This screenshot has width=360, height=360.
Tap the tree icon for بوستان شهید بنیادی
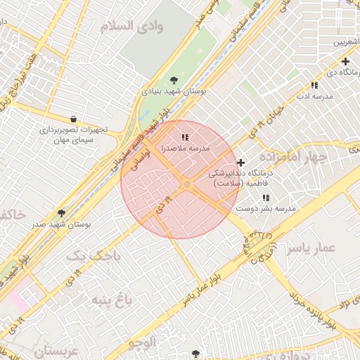[174, 79]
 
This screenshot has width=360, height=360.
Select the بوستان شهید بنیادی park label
[174, 91]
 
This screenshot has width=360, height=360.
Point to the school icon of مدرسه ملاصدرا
[185, 137]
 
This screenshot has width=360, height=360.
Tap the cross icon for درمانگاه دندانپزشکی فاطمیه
[240, 162]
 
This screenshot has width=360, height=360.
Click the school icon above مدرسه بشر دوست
[266, 198]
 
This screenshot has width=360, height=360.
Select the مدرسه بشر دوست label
[266, 209]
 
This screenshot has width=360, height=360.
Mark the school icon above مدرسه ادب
[314, 85]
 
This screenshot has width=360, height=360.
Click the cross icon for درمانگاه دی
[345, 61]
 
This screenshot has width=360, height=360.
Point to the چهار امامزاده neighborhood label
[292, 156]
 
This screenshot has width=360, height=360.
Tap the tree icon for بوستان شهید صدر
[62, 212]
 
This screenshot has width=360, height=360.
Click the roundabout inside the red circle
[187, 184]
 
